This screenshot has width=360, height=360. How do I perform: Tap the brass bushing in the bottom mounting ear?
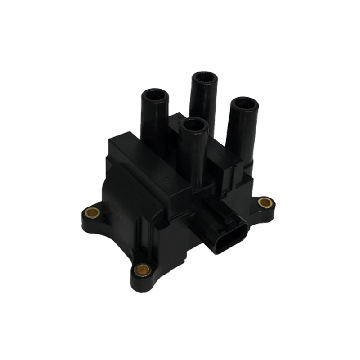[x=143, y=269]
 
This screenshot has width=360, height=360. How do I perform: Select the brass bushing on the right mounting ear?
[x=266, y=203]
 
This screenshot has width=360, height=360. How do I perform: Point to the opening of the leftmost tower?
[x=155, y=95]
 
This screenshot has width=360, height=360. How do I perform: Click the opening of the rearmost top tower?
[x=204, y=77]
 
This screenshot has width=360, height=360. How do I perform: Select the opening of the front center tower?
[x=194, y=124]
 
